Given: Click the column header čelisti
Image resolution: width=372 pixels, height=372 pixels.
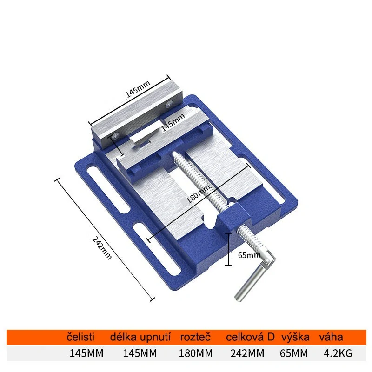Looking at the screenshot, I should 81,337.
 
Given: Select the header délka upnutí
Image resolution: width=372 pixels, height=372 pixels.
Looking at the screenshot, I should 140,337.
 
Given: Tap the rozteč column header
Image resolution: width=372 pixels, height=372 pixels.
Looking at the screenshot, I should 195,337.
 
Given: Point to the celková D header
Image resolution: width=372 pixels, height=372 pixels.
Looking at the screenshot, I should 250,337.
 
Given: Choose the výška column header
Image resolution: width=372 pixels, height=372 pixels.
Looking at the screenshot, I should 294,337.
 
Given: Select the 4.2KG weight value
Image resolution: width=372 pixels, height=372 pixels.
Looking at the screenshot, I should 338,353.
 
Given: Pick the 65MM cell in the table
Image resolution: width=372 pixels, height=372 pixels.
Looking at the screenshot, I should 294,353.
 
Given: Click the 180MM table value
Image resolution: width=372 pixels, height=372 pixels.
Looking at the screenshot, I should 195,353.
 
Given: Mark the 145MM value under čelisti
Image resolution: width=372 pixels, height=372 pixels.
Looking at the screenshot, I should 86,353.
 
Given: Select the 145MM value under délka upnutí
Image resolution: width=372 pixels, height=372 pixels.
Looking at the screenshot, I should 139,353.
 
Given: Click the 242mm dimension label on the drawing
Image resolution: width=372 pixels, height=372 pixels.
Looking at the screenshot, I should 102,248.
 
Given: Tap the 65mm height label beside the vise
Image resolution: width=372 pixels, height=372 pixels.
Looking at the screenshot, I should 249,255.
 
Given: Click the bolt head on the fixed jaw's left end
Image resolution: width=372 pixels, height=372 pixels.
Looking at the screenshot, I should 115,135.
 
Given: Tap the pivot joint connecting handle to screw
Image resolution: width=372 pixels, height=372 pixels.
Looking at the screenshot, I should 267,261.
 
